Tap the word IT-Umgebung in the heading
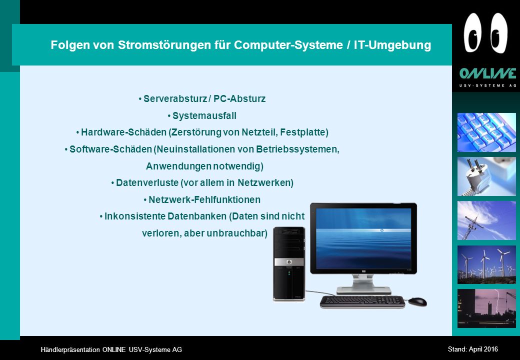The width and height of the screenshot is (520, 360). click(x=392, y=45)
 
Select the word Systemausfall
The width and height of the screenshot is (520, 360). click(x=204, y=116)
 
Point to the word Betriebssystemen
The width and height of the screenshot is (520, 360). click(x=297, y=149)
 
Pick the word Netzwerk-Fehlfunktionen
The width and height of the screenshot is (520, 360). click(x=204, y=200)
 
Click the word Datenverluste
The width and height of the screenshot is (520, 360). click(x=147, y=183)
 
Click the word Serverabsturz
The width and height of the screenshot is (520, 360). click(x=174, y=99)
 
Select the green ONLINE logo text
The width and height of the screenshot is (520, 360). click(x=487, y=73)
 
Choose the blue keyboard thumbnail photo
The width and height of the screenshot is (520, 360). click(x=486, y=132)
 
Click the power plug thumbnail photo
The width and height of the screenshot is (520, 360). click(x=486, y=176)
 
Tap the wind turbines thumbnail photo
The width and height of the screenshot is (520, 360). click(x=486, y=264)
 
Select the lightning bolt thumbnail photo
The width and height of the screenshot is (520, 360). click(x=486, y=308)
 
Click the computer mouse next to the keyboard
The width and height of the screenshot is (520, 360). click(x=417, y=301)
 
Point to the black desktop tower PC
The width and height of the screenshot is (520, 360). click(x=289, y=264)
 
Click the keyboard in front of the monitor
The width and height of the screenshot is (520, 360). click(x=362, y=301)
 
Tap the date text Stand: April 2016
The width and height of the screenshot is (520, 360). click(x=473, y=349)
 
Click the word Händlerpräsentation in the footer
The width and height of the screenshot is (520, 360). click(x=70, y=349)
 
